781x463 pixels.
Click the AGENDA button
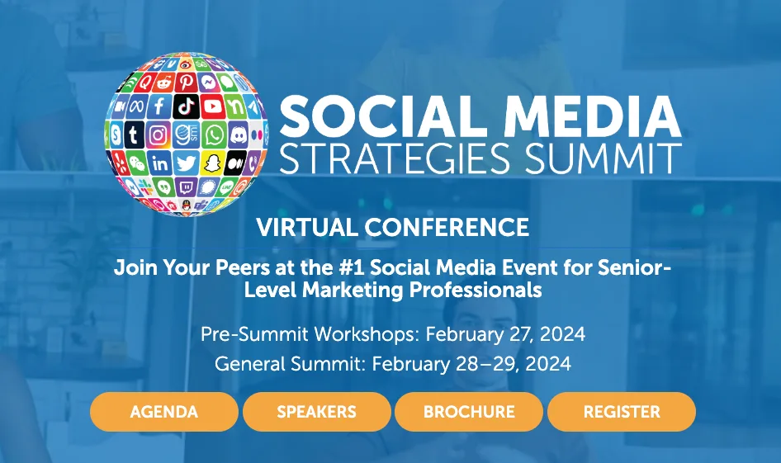163,412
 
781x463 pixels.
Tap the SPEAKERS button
317,412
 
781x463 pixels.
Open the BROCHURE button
469,412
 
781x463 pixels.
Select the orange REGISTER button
622,412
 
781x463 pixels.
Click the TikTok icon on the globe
187,106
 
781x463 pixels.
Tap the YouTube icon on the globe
213,106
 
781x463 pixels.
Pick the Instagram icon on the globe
159,135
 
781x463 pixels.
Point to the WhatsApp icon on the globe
214,135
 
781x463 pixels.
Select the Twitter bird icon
187,163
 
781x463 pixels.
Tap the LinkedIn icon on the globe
160,163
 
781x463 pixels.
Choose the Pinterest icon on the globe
186,82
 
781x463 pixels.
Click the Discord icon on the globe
239,134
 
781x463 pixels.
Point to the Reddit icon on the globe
163,83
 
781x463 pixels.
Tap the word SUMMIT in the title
603,158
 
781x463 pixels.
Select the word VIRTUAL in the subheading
307,228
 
